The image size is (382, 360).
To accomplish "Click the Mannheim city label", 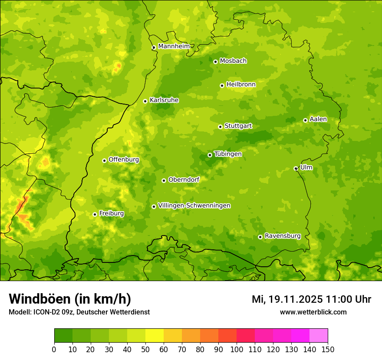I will pyautogui.click(x=174, y=46).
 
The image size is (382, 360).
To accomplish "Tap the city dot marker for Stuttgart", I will pyautogui.click(x=220, y=127).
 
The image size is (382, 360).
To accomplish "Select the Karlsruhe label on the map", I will pyautogui.click(x=164, y=100).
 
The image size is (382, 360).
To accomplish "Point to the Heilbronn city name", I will pyautogui.click(x=241, y=85).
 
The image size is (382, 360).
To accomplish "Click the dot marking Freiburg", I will pyautogui.click(x=95, y=214).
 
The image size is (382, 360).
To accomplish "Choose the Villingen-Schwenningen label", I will pyautogui.click(x=194, y=206).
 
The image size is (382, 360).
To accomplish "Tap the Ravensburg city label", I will pyautogui.click(x=282, y=236).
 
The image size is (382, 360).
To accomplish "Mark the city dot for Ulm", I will pyautogui.click(x=296, y=168).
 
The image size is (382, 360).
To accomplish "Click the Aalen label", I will pyautogui.click(x=318, y=119).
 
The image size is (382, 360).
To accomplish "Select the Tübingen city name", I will pyautogui.click(x=228, y=154).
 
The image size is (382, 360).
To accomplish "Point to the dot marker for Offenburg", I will pyautogui.click(x=104, y=160).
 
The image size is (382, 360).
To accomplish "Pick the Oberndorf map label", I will pyautogui.click(x=184, y=180).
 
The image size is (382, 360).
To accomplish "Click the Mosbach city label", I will pyautogui.click(x=233, y=61).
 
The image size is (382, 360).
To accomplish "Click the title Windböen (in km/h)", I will pyautogui.click(x=70, y=299).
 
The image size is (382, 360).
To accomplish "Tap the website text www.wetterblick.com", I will pyautogui.click(x=313, y=312).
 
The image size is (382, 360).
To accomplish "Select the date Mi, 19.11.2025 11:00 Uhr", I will pyautogui.click(x=311, y=299).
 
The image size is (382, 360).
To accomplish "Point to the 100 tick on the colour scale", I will pyautogui.click(x=237, y=349).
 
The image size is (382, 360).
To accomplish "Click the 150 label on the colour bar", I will pyautogui.click(x=328, y=349).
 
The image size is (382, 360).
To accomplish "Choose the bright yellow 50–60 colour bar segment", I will pyautogui.click(x=155, y=336).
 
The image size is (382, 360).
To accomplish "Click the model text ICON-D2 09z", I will pyautogui.click(x=53, y=312).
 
